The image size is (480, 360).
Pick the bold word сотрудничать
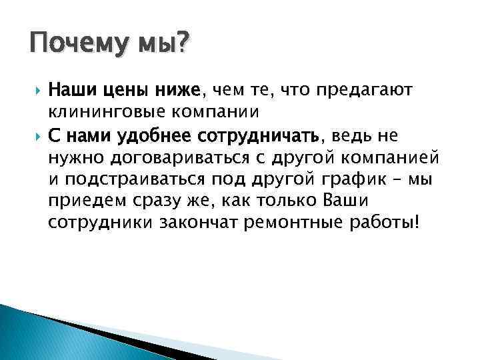(260, 137)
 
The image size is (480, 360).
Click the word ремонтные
(293, 222)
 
